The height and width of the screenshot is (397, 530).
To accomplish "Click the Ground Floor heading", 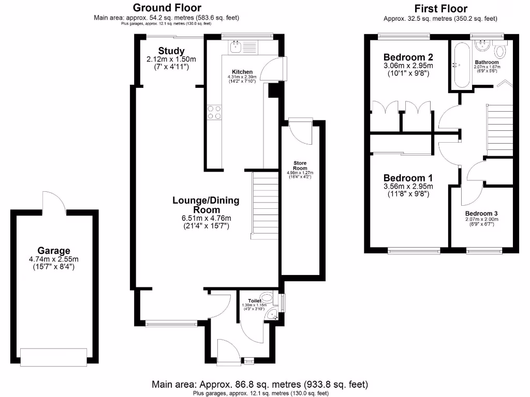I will [167, 8].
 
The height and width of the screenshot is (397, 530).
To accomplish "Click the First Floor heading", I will [440, 8].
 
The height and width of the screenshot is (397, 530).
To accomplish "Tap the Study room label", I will [171, 51].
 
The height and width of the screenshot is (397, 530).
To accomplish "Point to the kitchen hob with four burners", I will [214, 112].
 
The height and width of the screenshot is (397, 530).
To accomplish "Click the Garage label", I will [53, 251].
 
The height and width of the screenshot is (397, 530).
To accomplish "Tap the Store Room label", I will [300, 165].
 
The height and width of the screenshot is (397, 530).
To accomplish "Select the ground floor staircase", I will [264, 204].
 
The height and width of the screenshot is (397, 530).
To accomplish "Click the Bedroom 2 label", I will [408, 57].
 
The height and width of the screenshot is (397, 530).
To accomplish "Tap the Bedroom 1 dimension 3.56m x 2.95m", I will [408, 187].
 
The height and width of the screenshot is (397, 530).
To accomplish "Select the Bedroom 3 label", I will [481, 213].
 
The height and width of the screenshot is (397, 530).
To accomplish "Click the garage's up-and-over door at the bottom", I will [53, 356].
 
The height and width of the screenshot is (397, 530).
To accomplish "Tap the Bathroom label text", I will [487, 63].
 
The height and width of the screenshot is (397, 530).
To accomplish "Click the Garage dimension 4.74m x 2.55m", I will [53, 259].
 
